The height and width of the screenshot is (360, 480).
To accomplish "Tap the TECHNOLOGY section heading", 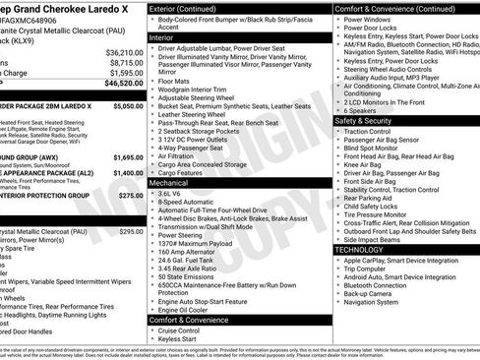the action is click(358, 250).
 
